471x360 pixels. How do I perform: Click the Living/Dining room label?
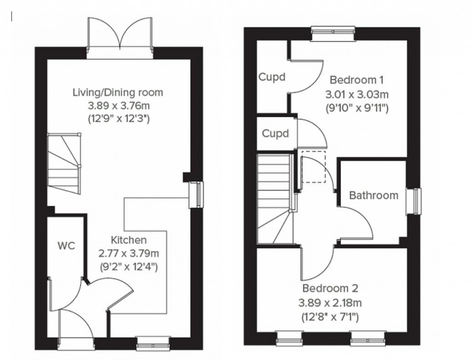[x=118, y=92]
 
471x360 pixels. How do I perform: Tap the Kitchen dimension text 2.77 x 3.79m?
[x=128, y=253]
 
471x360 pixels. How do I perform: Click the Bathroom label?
[x=373, y=195]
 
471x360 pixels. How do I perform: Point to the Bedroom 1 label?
[x=357, y=80]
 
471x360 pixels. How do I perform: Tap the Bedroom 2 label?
[x=330, y=289]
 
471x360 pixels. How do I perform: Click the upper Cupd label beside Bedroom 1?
[x=272, y=77]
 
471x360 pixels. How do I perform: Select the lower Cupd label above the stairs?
[x=276, y=133]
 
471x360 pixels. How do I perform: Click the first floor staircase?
[x=275, y=198]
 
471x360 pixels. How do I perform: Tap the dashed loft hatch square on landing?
[x=312, y=166]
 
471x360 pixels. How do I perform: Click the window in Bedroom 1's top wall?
[x=333, y=31]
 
